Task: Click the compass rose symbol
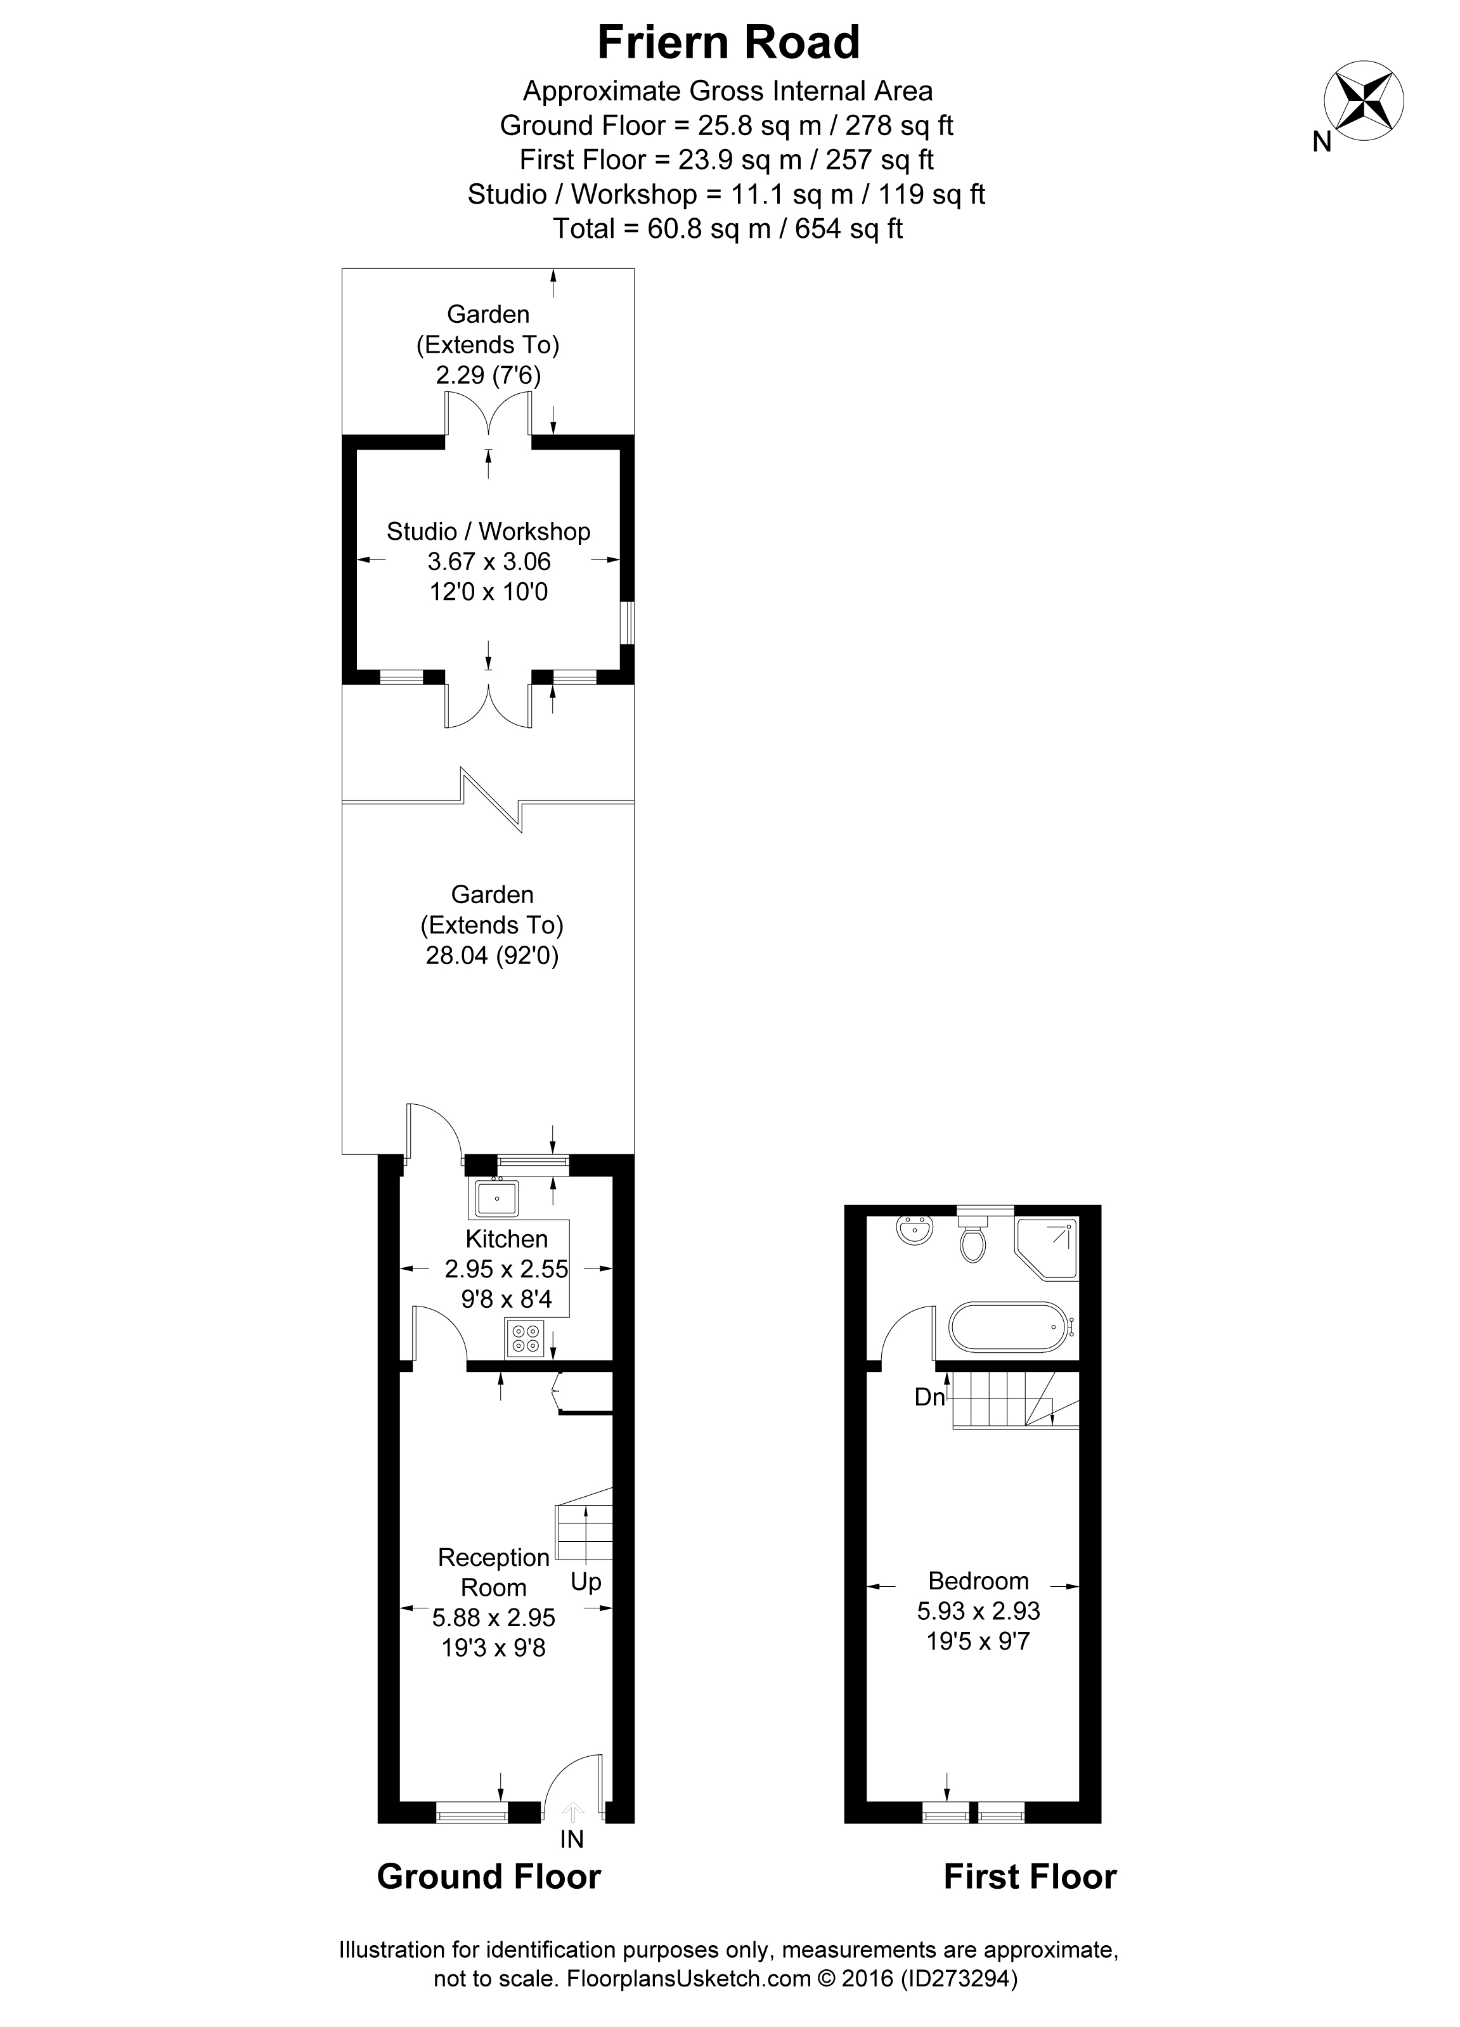click(1364, 100)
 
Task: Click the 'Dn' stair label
click(929, 1397)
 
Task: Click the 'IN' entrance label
click(572, 1839)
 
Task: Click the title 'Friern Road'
click(729, 42)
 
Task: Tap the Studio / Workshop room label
click(489, 531)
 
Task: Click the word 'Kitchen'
click(507, 1239)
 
